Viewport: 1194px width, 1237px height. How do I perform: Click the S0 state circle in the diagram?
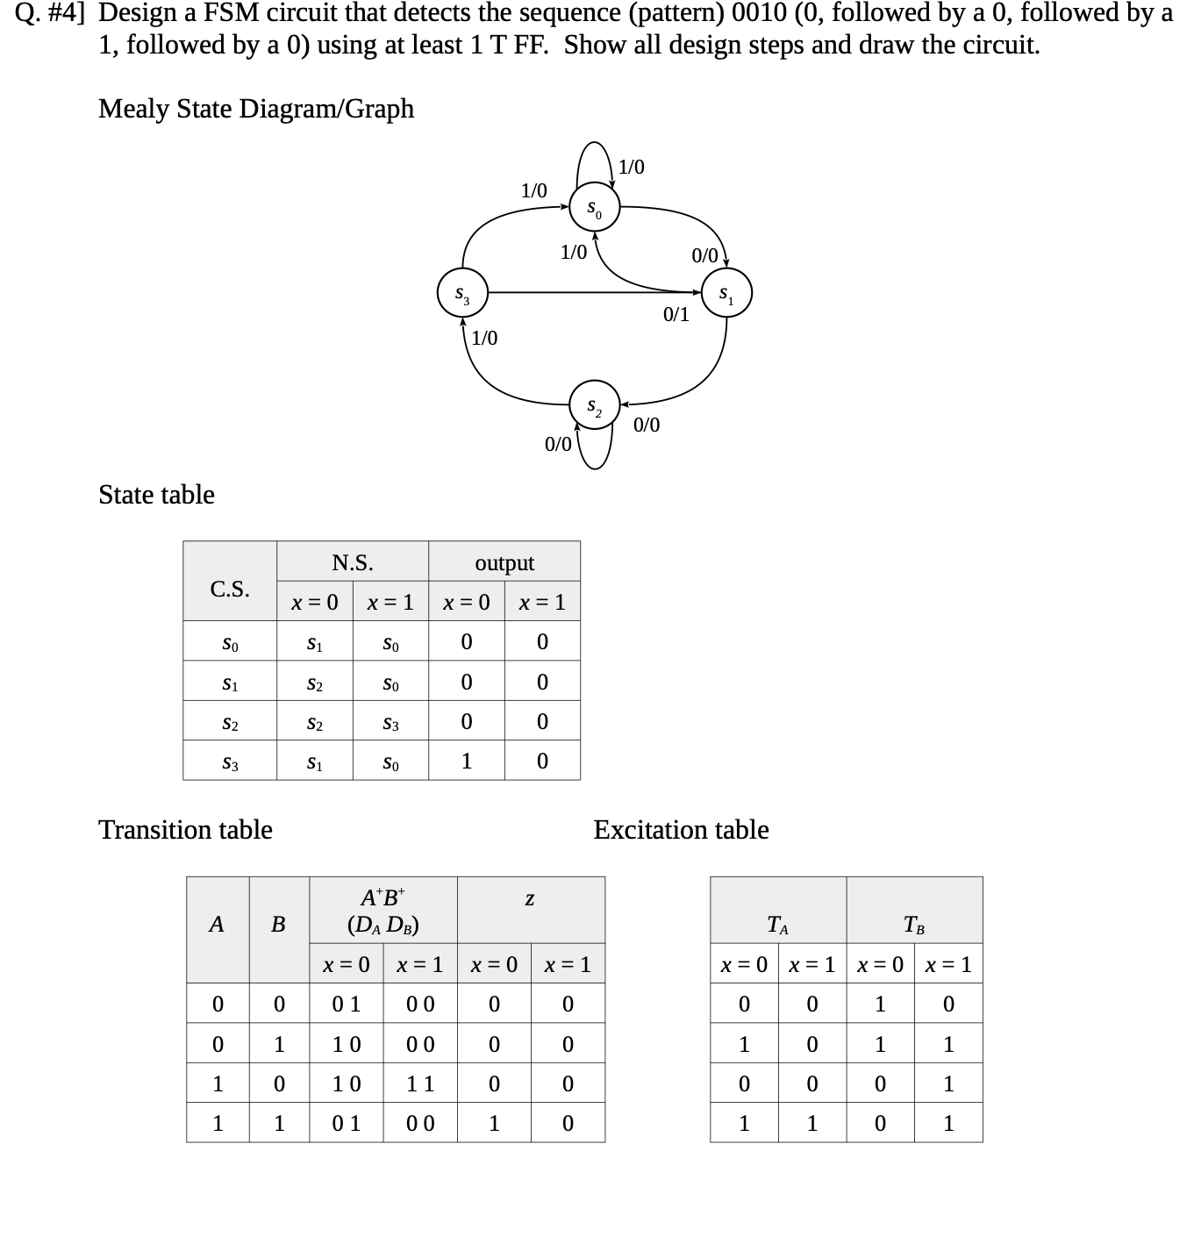(x=595, y=209)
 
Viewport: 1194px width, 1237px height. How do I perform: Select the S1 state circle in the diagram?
(x=726, y=294)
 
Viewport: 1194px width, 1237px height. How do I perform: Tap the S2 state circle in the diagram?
(x=595, y=406)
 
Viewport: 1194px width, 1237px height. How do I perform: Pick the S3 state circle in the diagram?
(x=462, y=294)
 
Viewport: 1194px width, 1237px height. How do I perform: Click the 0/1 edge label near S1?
(x=676, y=314)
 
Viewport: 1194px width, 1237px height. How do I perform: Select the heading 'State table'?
(x=156, y=495)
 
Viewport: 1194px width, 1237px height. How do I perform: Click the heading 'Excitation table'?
(x=681, y=830)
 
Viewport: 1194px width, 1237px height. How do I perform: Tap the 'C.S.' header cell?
(x=230, y=589)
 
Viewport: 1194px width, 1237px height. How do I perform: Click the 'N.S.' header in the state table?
(x=353, y=563)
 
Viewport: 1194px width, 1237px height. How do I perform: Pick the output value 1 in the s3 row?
(x=467, y=761)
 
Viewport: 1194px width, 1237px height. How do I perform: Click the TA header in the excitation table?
(x=778, y=925)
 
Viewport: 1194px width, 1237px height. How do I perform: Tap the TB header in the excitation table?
(x=914, y=925)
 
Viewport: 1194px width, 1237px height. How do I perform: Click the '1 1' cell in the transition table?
(x=420, y=1084)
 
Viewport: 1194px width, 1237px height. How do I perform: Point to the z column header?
(x=530, y=899)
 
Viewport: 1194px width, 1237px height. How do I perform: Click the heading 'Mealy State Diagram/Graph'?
(x=256, y=109)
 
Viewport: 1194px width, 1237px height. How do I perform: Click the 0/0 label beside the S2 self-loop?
(x=558, y=444)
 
